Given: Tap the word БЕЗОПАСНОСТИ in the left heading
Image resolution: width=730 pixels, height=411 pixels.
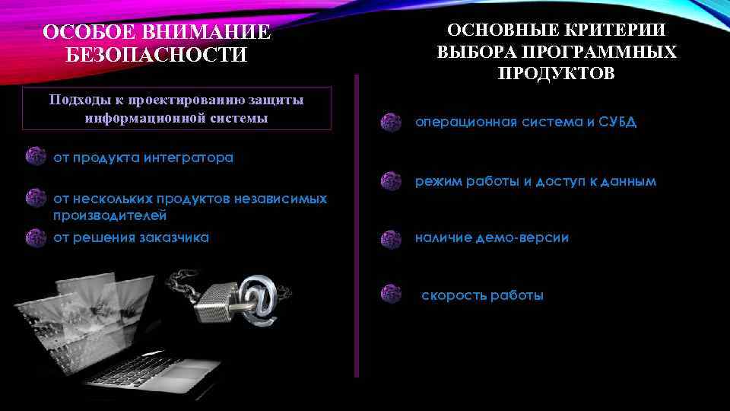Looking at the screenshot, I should [157, 56].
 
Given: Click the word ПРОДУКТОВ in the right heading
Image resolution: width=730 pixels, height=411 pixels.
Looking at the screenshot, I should [557, 74].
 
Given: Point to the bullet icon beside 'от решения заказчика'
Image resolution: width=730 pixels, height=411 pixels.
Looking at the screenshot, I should [36, 237].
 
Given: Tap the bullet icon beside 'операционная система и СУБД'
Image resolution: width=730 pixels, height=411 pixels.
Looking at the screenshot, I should [391, 123].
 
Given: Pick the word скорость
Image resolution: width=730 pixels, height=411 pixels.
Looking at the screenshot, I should [453, 295].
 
